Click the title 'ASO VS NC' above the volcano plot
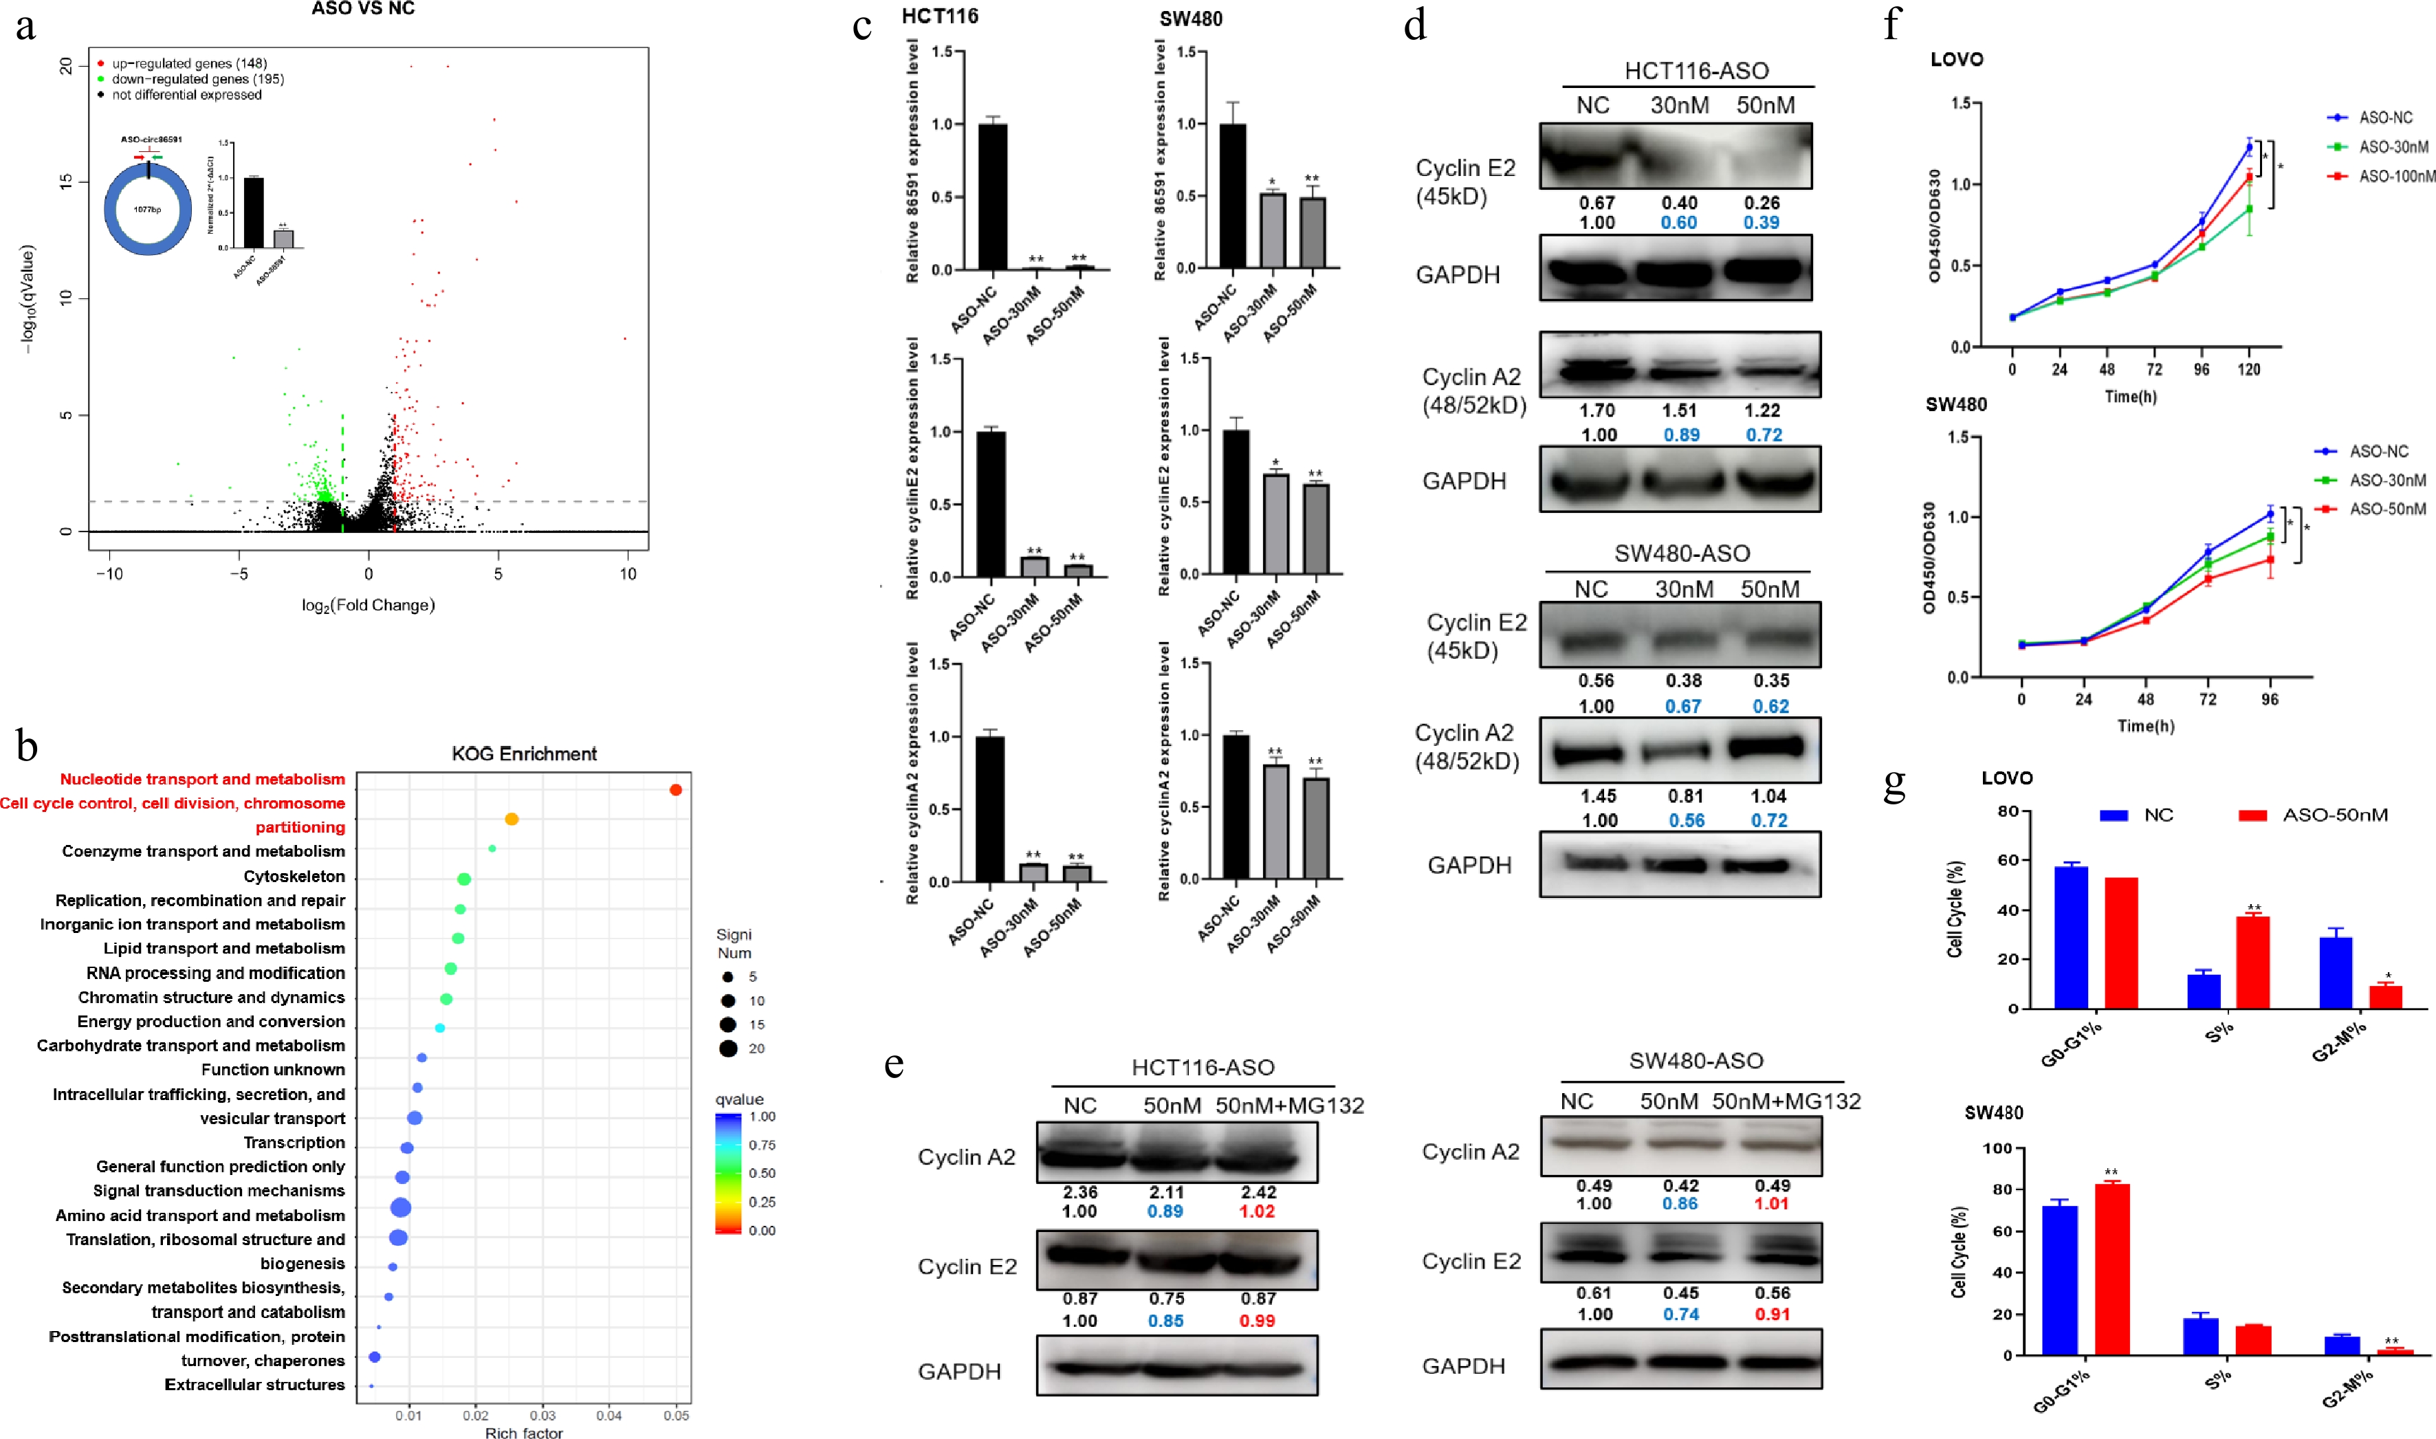(x=363, y=9)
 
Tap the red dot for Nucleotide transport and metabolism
(x=676, y=790)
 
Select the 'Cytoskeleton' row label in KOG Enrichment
(x=294, y=877)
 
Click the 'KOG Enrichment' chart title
(x=524, y=754)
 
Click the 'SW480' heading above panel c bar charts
(x=1191, y=19)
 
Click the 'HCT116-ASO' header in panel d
(x=1696, y=71)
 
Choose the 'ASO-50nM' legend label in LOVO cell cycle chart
(x=2334, y=815)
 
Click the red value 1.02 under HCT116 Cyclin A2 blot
(x=1257, y=1212)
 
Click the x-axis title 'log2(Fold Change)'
(x=369, y=605)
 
